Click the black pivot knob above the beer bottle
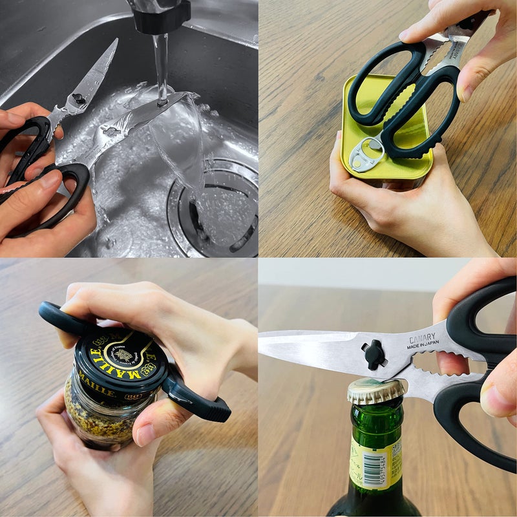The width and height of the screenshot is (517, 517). [374, 355]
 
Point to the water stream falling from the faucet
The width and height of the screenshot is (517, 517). [160, 65]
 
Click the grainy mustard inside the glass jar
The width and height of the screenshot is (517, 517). [97, 414]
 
